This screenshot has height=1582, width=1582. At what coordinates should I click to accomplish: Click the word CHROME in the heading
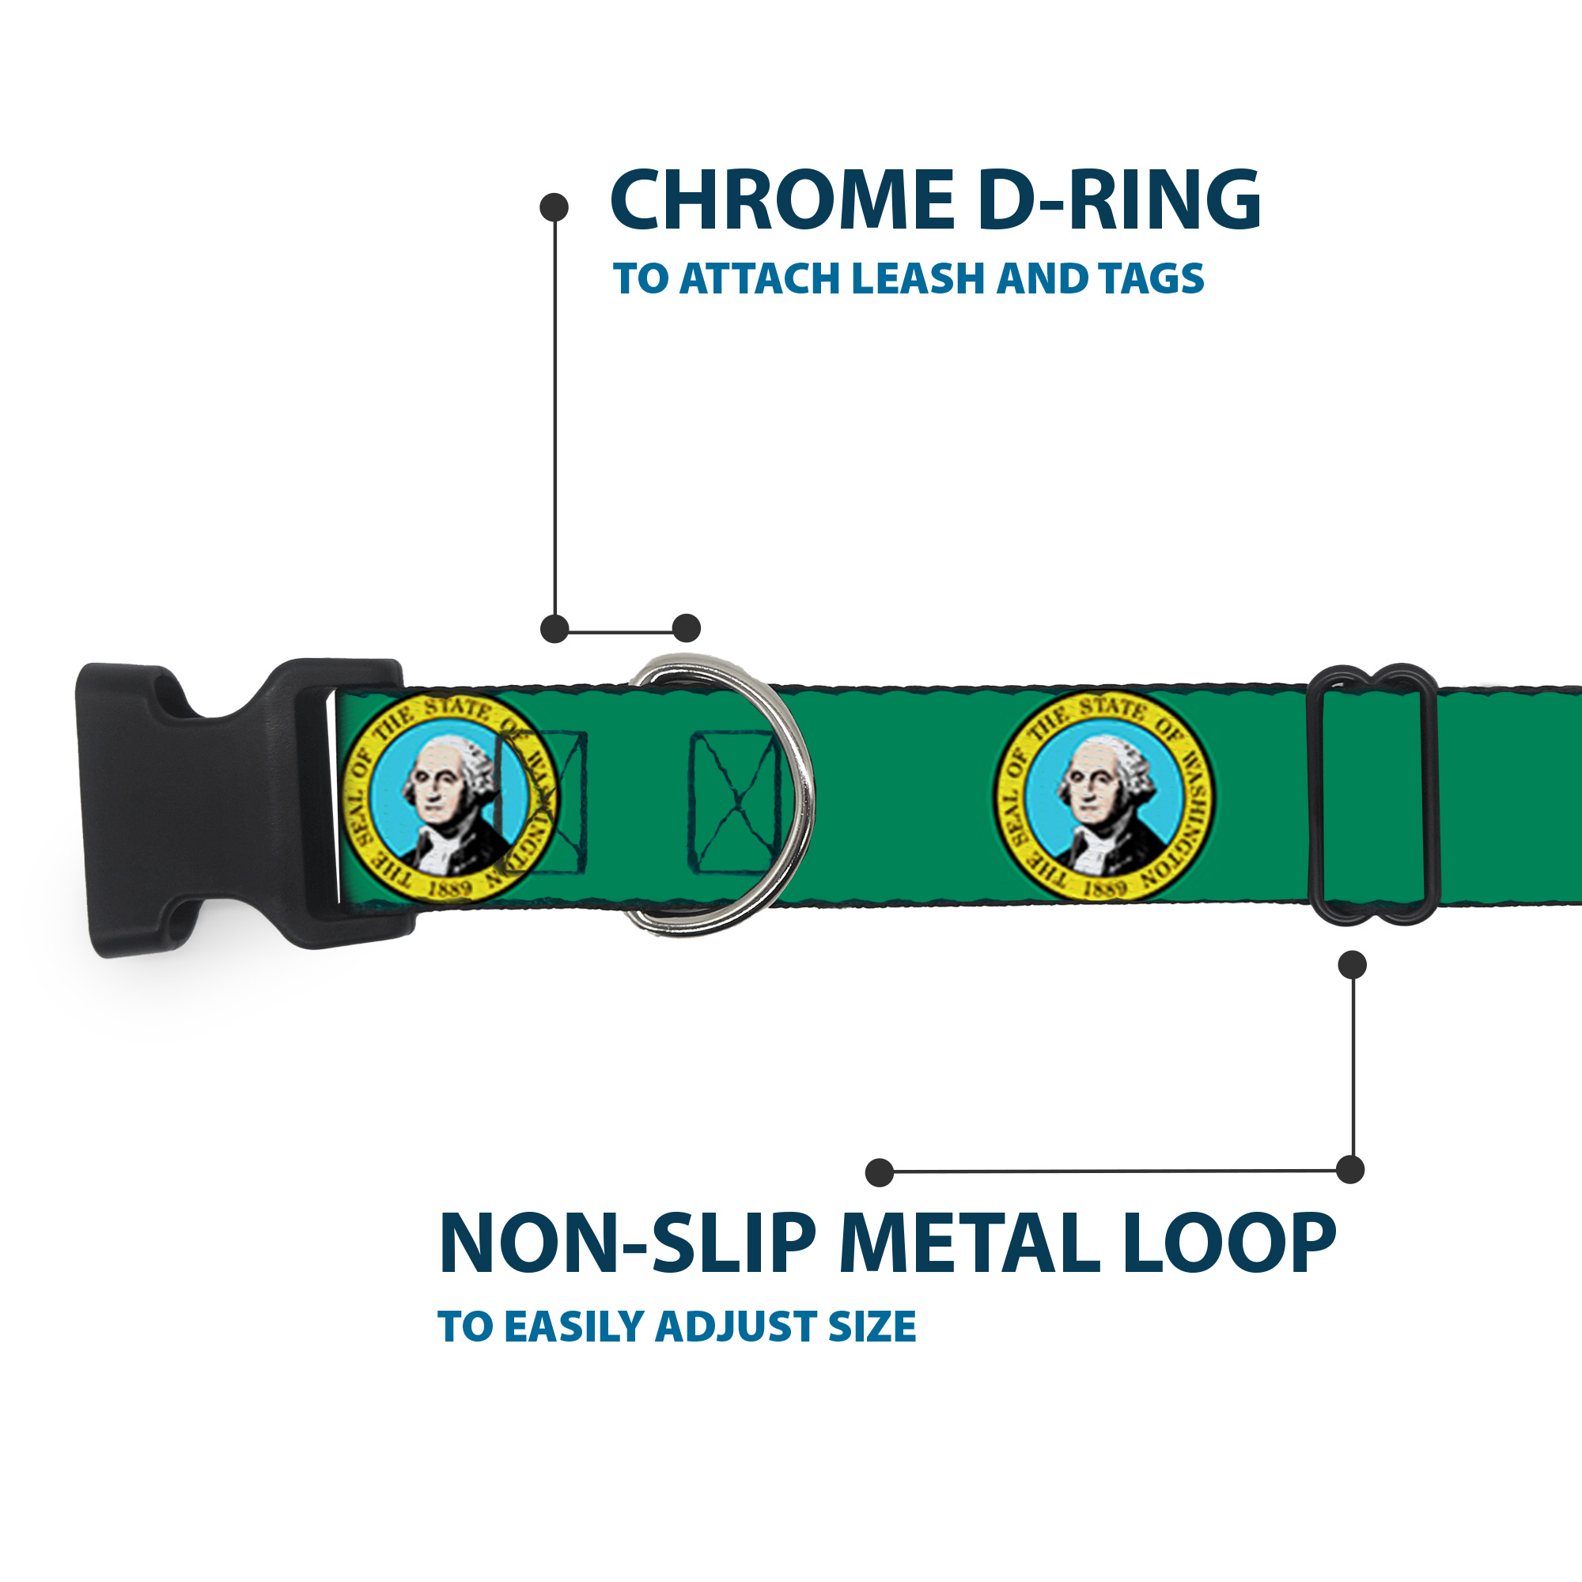782,200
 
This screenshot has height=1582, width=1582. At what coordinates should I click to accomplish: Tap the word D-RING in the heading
1119,200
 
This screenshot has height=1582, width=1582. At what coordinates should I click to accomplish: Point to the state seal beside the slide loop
1103,797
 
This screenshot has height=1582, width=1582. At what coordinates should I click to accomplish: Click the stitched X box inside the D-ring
735,802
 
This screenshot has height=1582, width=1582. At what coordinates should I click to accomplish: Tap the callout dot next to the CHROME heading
554,207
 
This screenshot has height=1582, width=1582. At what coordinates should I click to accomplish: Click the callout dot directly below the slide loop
1352,964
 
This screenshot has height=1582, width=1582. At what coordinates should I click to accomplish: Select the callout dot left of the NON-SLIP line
880,1172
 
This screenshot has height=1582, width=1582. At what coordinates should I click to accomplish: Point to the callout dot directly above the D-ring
686,628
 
